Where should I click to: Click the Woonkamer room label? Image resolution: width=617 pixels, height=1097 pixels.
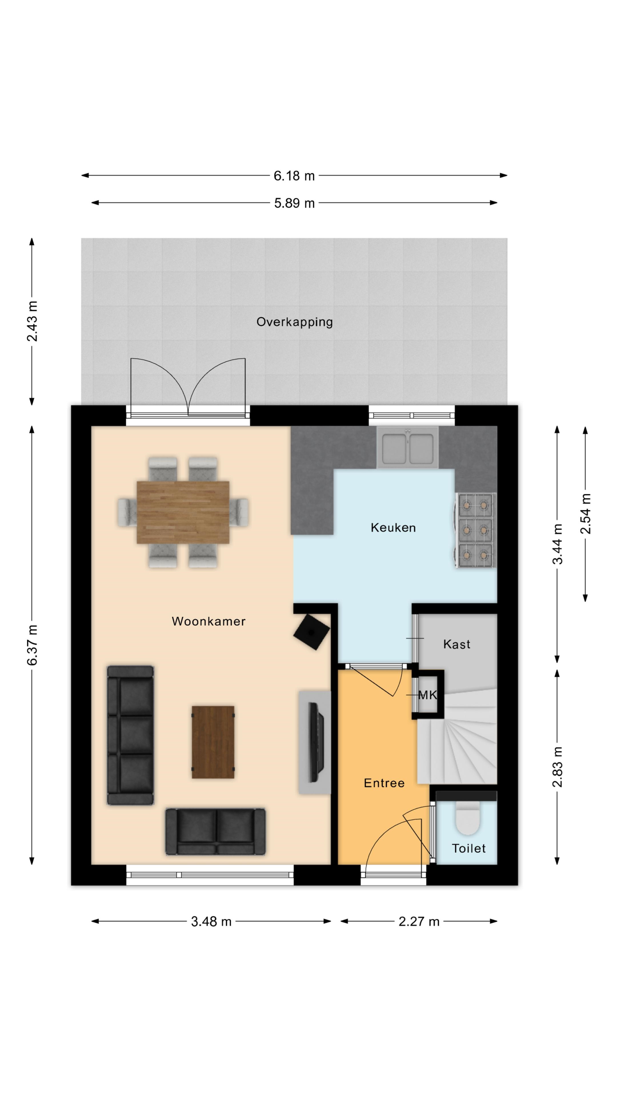(209, 621)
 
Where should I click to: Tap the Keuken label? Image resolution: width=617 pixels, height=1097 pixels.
(393, 528)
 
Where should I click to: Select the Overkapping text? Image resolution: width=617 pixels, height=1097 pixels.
(295, 322)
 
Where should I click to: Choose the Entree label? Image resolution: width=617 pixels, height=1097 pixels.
(384, 783)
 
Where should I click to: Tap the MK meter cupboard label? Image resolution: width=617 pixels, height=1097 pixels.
(428, 695)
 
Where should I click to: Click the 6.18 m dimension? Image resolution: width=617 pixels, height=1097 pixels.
(294, 175)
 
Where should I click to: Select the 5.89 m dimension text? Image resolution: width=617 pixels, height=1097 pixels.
(294, 203)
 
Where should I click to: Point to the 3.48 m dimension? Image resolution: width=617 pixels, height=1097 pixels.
(211, 922)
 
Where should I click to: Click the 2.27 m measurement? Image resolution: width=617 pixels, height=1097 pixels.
(419, 922)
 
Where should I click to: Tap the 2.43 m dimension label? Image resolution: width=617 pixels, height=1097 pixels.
(32, 321)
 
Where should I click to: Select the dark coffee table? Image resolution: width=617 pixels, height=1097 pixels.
(213, 742)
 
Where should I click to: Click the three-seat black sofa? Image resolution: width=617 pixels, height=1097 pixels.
(130, 735)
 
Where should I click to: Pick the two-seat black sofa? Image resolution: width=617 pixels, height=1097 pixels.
(215, 831)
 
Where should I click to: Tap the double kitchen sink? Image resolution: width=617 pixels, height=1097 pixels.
(408, 447)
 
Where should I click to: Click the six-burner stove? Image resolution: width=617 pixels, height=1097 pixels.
(475, 530)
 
